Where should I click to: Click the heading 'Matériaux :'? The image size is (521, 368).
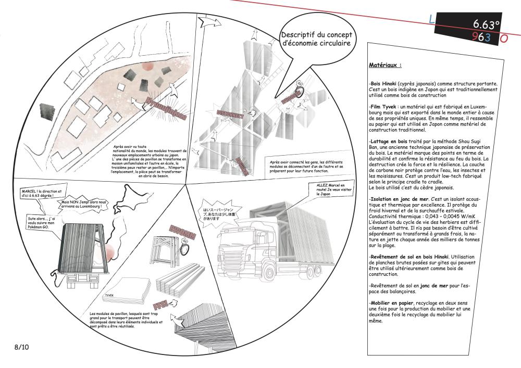pos(385,66)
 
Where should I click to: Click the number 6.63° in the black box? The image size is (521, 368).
pos(486,24)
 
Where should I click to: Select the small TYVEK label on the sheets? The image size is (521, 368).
pos(109,296)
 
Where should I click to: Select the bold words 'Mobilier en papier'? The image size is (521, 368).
pos(391,302)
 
